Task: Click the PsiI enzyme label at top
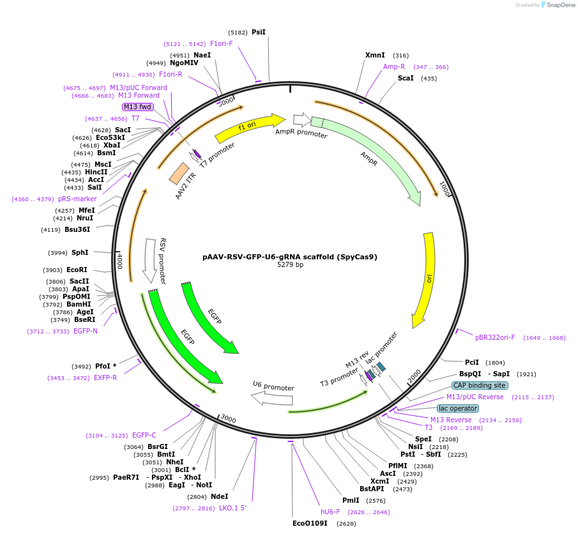click(258, 32)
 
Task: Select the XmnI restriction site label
click(375, 56)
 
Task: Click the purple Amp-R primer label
click(394, 66)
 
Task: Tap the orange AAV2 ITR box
click(179, 173)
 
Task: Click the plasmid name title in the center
click(290, 257)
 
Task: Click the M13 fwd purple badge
click(138, 107)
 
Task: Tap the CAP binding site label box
click(479, 385)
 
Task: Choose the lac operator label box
click(457, 408)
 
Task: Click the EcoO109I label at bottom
click(310, 523)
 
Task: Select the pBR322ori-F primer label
click(495, 337)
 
